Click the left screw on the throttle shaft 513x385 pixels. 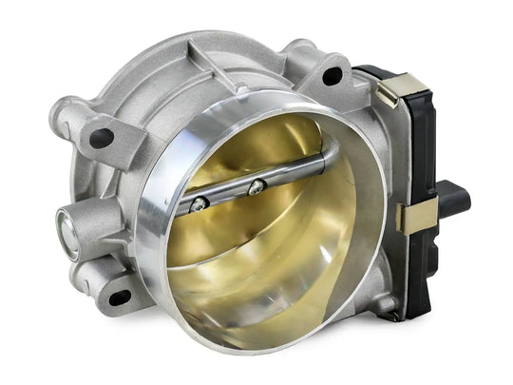pyautogui.click(x=199, y=202)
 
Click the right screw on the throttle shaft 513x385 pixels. pyautogui.click(x=255, y=188)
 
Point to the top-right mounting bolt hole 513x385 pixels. pyautogui.click(x=332, y=76)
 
